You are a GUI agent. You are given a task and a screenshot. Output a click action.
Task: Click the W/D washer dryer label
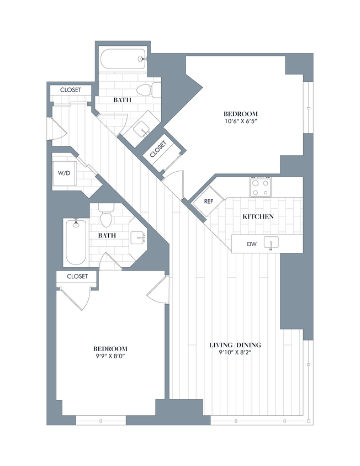tap(65, 173)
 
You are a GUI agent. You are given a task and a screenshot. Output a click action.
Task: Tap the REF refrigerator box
tap(208, 202)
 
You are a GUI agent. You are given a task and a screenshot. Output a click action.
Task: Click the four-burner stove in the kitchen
tap(261, 187)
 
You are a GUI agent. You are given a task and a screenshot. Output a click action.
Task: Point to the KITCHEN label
tap(258, 217)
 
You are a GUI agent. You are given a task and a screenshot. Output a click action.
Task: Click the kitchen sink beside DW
tap(271, 243)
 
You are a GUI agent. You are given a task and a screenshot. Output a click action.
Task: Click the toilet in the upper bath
tap(145, 90)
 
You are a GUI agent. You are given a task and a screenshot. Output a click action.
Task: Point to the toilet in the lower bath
tap(107, 217)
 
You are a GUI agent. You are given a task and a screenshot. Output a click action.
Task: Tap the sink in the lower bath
tap(139, 237)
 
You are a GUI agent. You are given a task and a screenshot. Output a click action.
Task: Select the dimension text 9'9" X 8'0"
tap(110, 357)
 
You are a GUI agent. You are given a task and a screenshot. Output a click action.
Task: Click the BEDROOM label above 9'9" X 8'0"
tap(110, 348)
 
